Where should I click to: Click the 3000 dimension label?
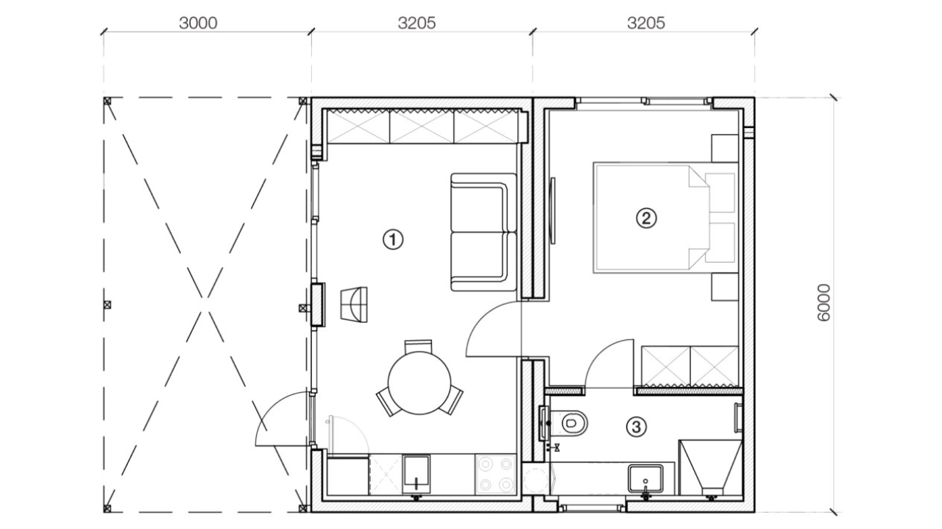(198, 23)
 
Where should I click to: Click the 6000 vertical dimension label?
(824, 303)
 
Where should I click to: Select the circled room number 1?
(393, 240)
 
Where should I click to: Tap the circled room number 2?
(646, 219)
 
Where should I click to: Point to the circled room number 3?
(636, 427)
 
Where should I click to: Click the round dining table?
(419, 383)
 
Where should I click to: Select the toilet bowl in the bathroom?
(573, 422)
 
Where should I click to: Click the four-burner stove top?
(495, 475)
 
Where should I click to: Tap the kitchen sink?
(416, 474)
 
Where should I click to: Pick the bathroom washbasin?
(645, 478)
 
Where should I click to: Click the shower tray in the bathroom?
(711, 468)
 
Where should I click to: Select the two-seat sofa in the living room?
(484, 232)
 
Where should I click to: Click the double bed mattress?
(652, 217)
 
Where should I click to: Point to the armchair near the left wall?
(354, 305)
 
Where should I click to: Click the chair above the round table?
(418, 347)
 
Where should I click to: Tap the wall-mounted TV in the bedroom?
(553, 210)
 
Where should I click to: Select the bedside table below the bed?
(725, 287)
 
